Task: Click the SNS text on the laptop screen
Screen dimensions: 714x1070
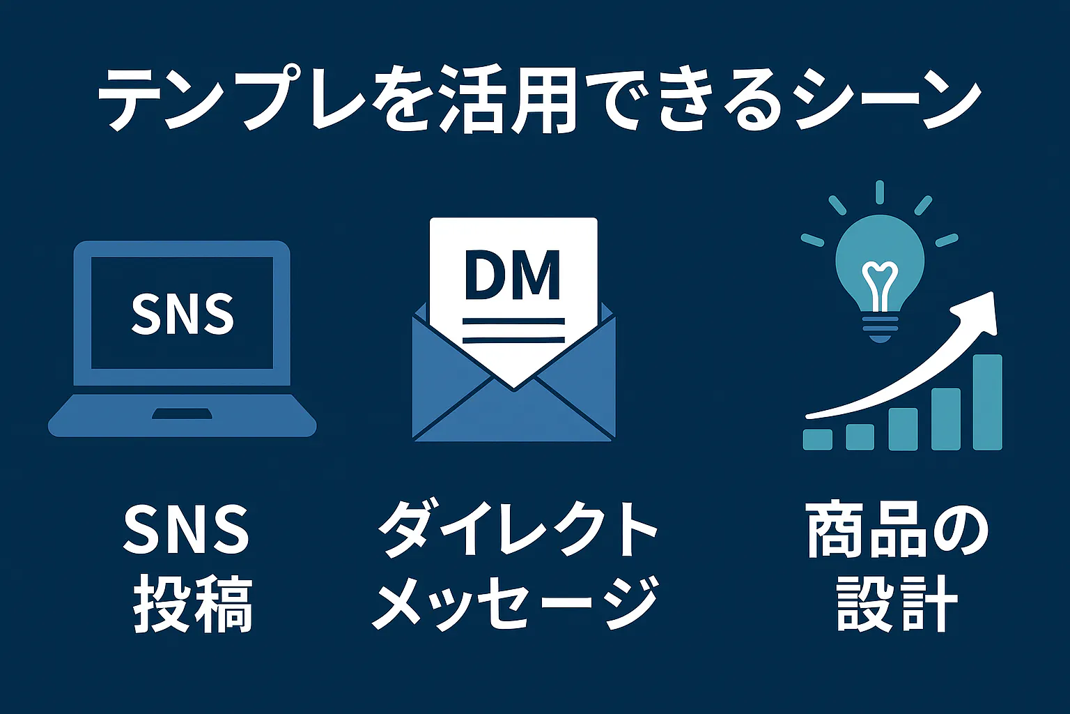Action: [x=183, y=314]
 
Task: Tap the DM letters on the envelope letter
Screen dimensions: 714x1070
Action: [x=512, y=275]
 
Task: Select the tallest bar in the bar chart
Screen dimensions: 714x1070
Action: [x=987, y=402]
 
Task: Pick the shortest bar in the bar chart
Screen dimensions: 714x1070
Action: [x=818, y=439]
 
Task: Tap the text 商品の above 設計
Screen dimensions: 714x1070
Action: [x=897, y=531]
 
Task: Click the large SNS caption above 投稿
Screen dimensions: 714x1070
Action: [x=186, y=530]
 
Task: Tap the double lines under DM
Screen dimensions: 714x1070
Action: [x=513, y=330]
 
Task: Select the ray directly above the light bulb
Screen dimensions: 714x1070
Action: [x=880, y=192]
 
